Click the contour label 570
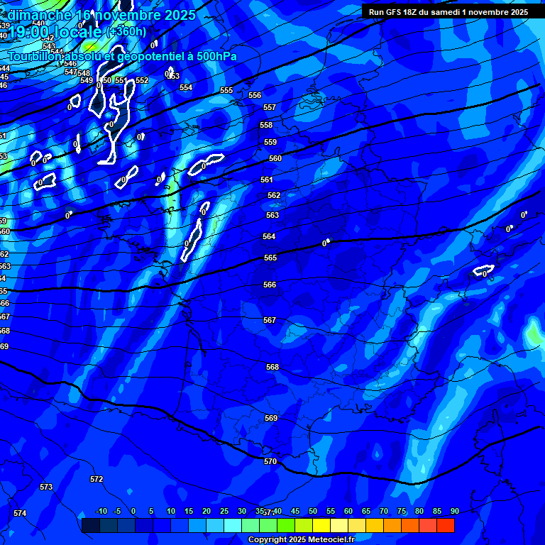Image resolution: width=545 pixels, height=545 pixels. (x=270, y=461)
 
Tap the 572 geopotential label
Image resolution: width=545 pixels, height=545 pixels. (x=97, y=479)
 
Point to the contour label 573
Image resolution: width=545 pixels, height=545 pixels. (x=46, y=487)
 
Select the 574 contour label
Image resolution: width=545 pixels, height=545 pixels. (x=20, y=513)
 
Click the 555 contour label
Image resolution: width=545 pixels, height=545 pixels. (x=226, y=90)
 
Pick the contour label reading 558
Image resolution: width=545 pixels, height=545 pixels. (x=266, y=125)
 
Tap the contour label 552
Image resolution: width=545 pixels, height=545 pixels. (x=142, y=80)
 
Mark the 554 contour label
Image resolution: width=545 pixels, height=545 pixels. (x=186, y=87)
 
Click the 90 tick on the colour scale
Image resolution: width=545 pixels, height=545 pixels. (x=454, y=511)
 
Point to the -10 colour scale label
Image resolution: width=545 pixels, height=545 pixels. (x=101, y=511)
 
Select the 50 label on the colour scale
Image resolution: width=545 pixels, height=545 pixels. (x=313, y=511)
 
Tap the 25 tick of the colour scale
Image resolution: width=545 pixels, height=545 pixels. (x=224, y=511)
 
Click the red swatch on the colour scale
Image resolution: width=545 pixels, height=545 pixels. (x=445, y=525)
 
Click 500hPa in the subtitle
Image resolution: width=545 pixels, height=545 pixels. (x=213, y=56)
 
